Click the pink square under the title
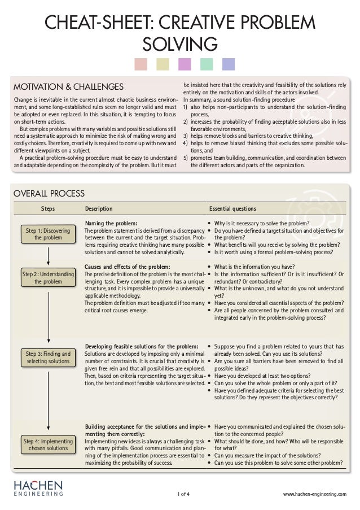pyautogui.click(x=141, y=64)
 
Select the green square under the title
pyautogui.click(x=207, y=64)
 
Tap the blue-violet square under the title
pyautogui.click(x=229, y=64)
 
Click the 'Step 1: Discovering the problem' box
pyautogui.click(x=49, y=234)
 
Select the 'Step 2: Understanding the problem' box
pyautogui.click(x=49, y=278)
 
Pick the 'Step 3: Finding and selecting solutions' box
pyautogui.click(x=49, y=358)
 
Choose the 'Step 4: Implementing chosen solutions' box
pyautogui.click(x=49, y=444)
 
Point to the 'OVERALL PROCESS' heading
pyautogui.click(x=49, y=194)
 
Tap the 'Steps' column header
pyautogui.click(x=48, y=209)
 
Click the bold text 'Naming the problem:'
pyautogui.click(x=111, y=224)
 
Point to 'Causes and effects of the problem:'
pyautogui.click(x=127, y=267)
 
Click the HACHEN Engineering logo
pyautogui.click(x=38, y=489)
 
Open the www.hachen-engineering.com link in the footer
pyautogui.click(x=315, y=494)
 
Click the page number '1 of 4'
pyautogui.click(x=183, y=494)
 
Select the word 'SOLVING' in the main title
pyautogui.click(x=180, y=43)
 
